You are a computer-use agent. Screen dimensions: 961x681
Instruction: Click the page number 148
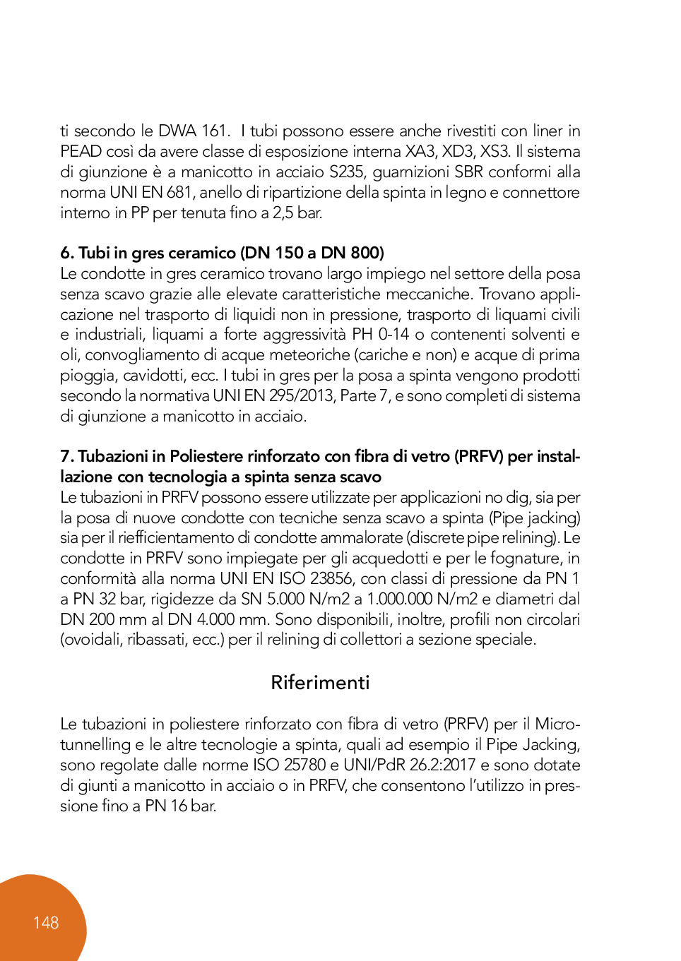click(x=46, y=922)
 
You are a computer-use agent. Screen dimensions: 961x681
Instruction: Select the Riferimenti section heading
click(x=320, y=682)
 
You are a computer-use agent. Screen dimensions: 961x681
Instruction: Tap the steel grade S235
click(x=347, y=172)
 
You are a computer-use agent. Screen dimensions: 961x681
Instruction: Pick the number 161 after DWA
click(x=215, y=131)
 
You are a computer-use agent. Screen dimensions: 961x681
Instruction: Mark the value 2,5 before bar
click(x=283, y=213)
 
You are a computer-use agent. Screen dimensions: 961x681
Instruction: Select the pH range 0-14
click(x=393, y=334)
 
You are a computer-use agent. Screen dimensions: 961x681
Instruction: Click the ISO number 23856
click(x=331, y=578)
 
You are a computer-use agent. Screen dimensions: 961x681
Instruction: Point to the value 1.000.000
click(x=400, y=599)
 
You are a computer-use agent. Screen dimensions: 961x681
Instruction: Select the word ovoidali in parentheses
click(x=92, y=640)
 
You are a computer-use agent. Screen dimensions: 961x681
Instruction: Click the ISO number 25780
click(x=304, y=765)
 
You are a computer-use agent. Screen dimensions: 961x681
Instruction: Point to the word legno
click(x=466, y=192)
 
